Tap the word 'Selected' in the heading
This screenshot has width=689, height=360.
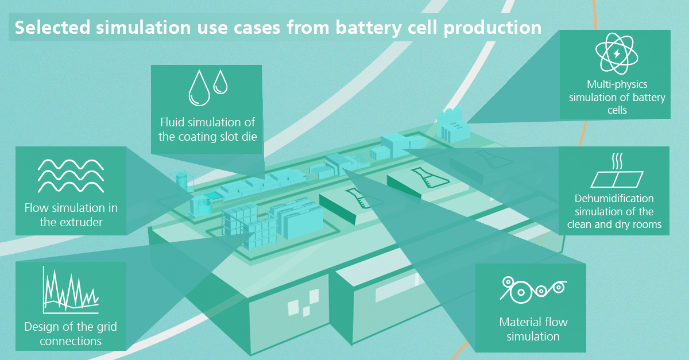coord(53,28)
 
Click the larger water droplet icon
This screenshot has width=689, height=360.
coord(199,88)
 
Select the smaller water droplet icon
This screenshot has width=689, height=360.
coord(220,82)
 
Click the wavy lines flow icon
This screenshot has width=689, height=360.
coord(71,176)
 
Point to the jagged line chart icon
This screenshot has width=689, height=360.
coord(71,290)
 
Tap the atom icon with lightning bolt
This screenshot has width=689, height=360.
coord(617,53)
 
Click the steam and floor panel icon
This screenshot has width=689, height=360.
coord(617,170)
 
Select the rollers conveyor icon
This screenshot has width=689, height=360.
coord(533,290)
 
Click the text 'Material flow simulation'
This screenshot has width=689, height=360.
coord(533,329)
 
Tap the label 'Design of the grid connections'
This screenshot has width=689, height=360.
coord(71,334)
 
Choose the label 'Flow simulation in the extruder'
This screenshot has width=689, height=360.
coord(71,215)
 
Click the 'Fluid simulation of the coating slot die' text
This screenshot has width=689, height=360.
coord(208,130)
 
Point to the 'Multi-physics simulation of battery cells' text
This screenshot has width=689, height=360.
coord(617,97)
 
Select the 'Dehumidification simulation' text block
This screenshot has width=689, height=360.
coord(614,211)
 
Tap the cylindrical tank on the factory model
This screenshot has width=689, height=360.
coord(181,181)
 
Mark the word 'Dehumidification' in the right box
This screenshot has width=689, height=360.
coord(614,199)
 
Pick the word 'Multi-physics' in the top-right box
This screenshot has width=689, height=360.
coord(617,84)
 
